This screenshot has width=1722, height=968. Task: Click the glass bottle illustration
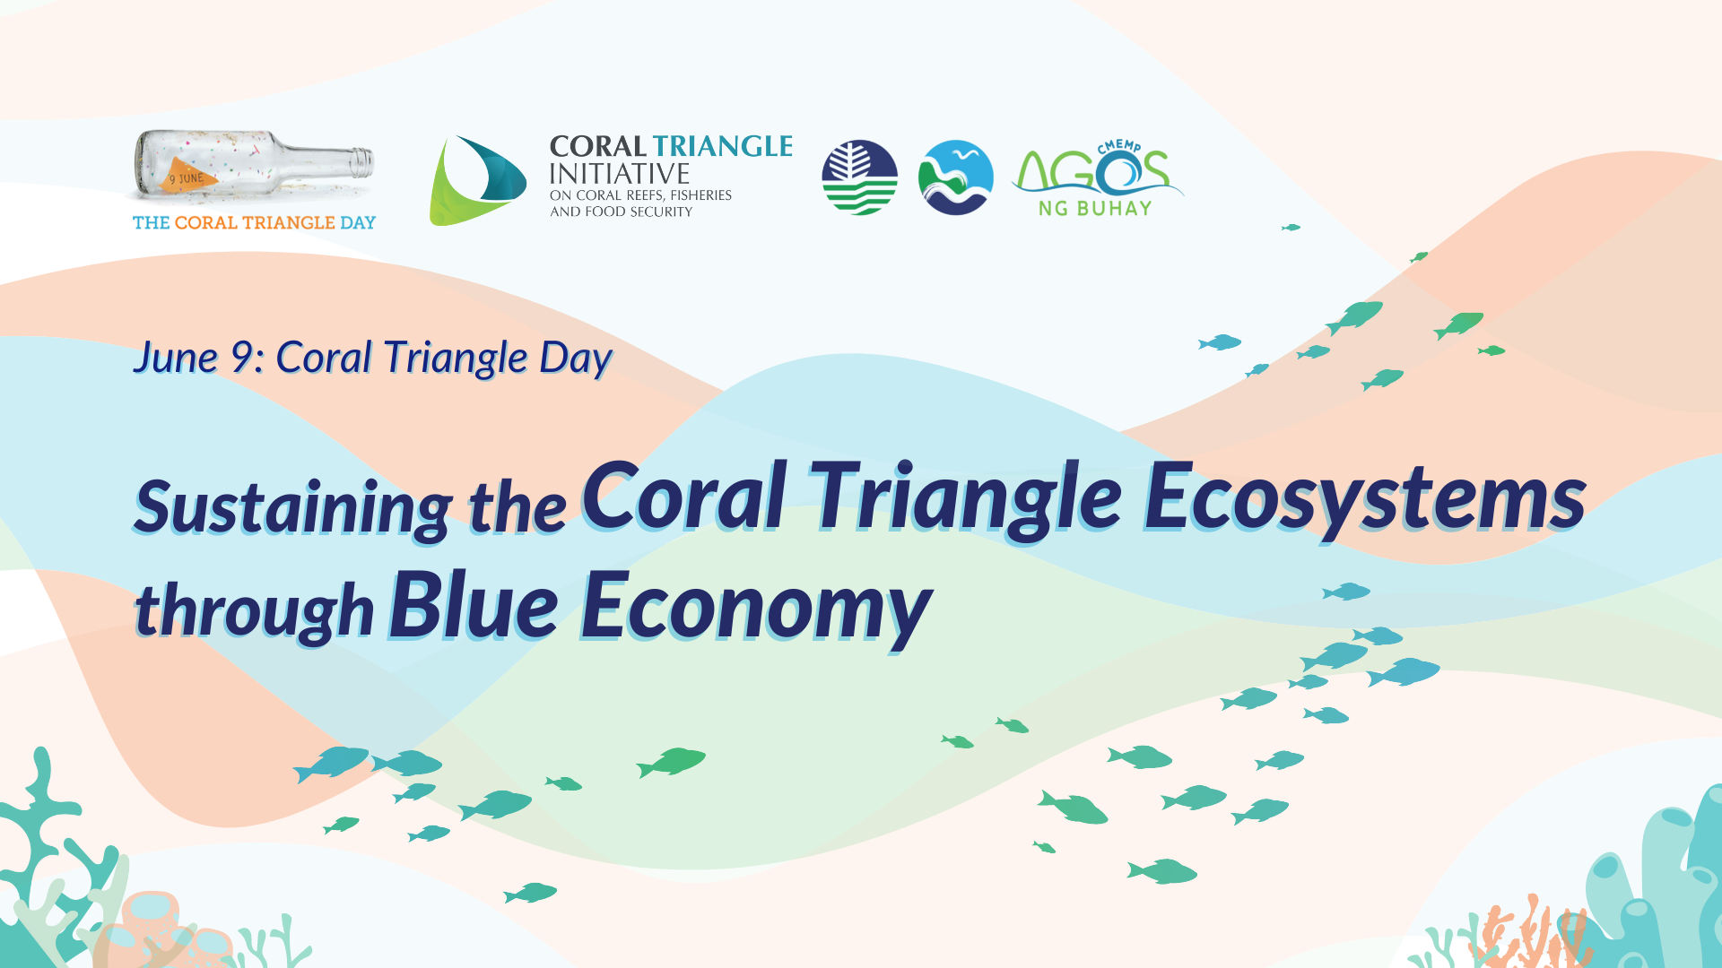coord(254,166)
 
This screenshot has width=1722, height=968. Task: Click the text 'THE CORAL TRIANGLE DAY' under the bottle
coord(254,222)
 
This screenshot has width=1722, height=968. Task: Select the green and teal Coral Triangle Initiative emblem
coord(477,180)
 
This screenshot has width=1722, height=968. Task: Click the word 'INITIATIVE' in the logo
coord(620,173)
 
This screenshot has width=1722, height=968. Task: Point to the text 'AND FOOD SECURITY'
coord(622,212)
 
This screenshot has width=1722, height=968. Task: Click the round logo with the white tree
coord(859,177)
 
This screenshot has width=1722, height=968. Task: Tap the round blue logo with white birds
coord(956,177)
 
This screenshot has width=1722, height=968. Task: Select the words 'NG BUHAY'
coord(1095,208)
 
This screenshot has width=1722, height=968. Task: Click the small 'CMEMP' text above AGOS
coord(1119,145)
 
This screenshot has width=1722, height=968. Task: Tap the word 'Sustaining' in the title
coord(293,508)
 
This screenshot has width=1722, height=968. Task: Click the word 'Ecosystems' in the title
coord(1364,497)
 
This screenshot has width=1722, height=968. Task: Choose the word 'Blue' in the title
coord(474,606)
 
